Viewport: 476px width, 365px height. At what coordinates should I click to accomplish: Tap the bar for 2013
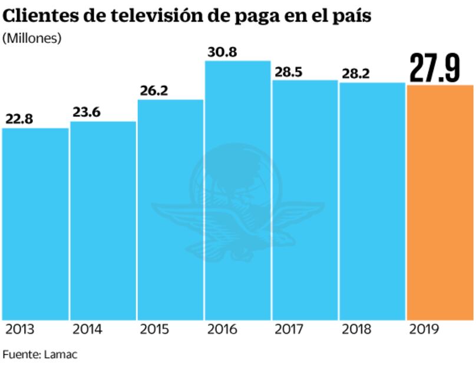[x=35, y=224]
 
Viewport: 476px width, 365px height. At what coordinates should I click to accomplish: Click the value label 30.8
[x=222, y=52]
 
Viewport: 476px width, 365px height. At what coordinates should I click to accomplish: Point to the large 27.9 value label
[x=435, y=69]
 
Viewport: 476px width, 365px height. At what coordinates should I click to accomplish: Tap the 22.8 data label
[x=19, y=119]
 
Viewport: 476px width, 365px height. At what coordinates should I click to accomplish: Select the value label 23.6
[x=87, y=112]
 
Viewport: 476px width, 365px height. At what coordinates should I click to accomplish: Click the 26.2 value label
[x=154, y=91]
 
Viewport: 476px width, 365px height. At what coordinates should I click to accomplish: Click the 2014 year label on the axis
[x=87, y=329]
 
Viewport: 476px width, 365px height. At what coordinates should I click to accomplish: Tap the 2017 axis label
[x=289, y=329]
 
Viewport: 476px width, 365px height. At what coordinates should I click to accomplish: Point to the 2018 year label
[x=356, y=329]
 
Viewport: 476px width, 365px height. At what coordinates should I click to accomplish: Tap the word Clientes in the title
[x=38, y=16]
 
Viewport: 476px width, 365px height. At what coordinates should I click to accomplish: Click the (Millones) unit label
[x=32, y=38]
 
